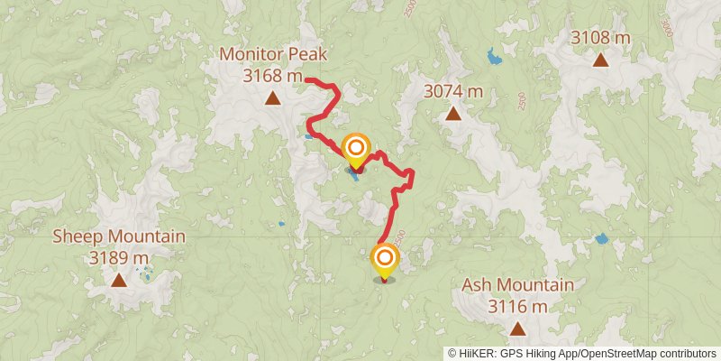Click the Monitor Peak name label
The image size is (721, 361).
(271, 56)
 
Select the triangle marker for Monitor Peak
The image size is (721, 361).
(272, 98)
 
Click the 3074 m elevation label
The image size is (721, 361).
(453, 91)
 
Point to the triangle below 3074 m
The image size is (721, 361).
(453, 114)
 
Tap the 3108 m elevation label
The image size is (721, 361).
(600, 38)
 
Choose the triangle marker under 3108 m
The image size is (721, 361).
(600, 60)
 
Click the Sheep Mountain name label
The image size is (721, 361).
(119, 237)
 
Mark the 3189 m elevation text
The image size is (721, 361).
(119, 258)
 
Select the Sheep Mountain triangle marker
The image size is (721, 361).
(119, 281)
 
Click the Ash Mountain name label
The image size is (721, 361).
(517, 286)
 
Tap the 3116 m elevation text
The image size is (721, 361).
(517, 307)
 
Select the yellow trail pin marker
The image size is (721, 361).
(384, 260)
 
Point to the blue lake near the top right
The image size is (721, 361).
(493, 59)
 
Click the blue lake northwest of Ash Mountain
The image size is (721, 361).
(601, 239)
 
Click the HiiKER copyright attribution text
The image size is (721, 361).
(583, 353)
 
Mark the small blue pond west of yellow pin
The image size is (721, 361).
(280, 224)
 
